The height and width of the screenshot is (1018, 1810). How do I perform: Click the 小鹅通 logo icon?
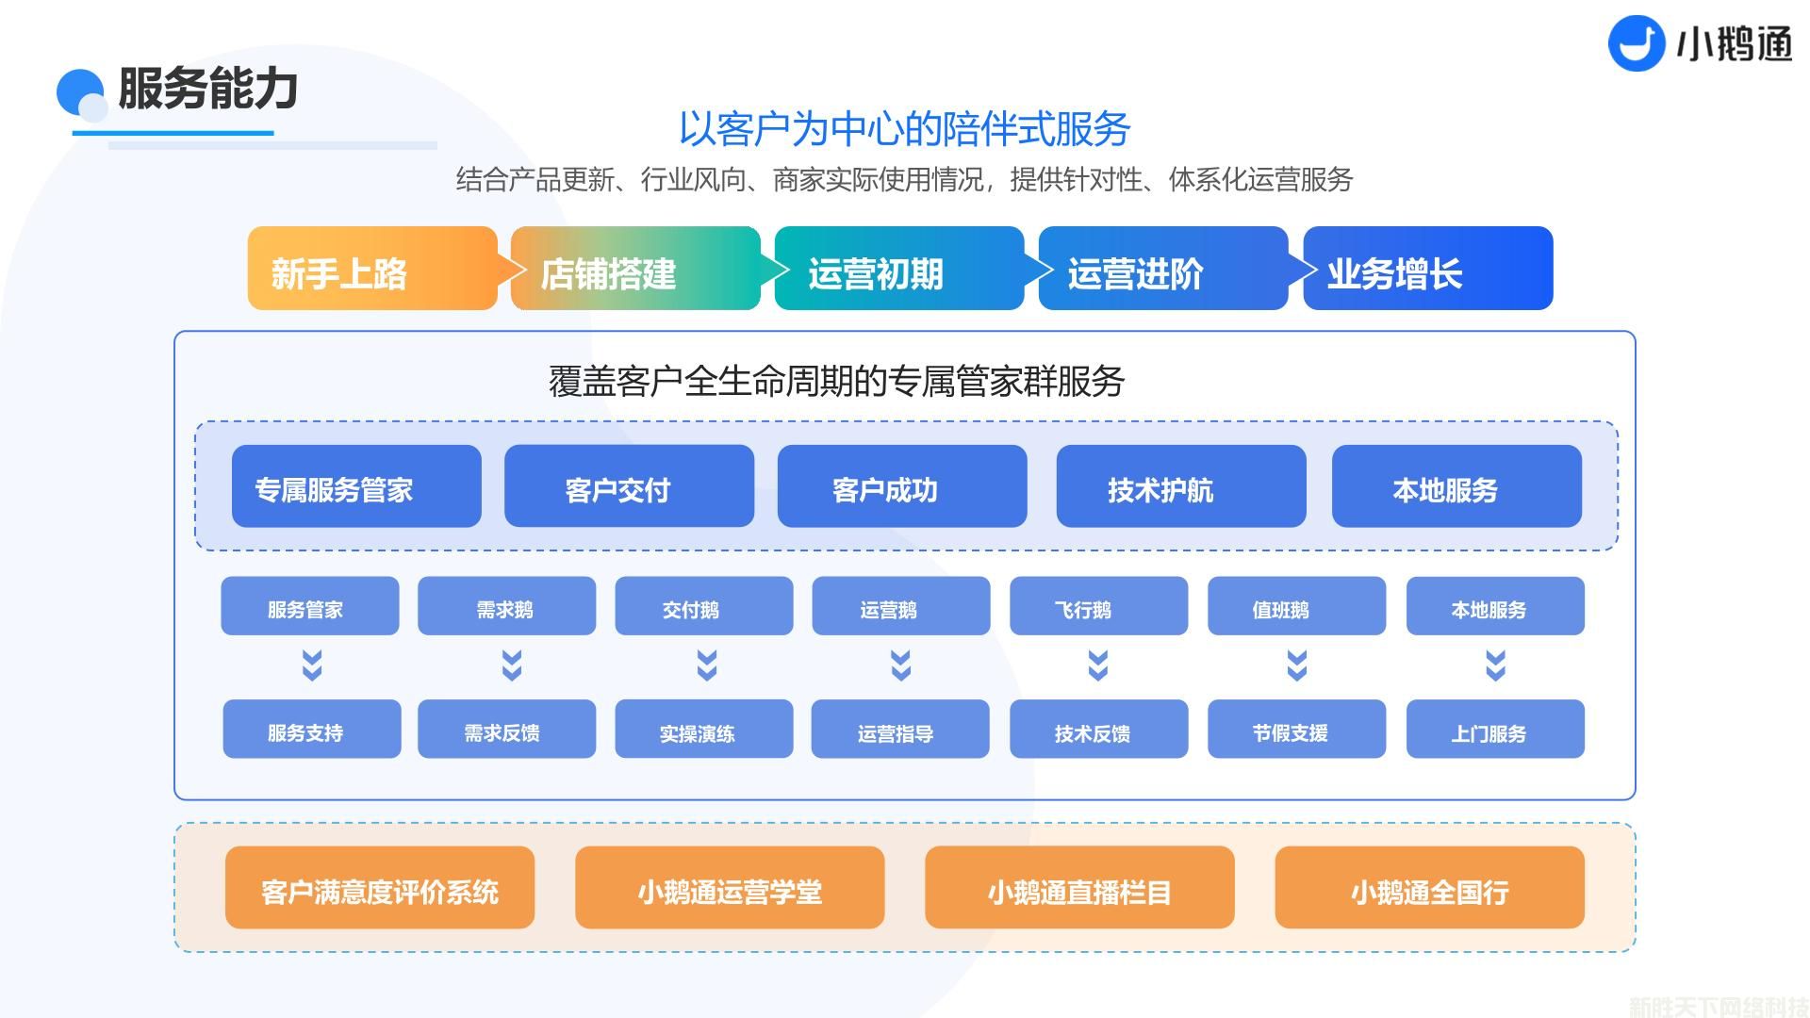pyautogui.click(x=1636, y=43)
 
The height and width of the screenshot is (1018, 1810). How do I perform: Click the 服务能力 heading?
pyautogui.click(x=207, y=89)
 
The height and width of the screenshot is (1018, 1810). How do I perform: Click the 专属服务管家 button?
pyautogui.click(x=356, y=486)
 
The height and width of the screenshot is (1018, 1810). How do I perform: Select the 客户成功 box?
pyautogui.click(x=901, y=486)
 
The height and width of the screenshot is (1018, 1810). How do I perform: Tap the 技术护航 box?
pyautogui.click(x=1180, y=486)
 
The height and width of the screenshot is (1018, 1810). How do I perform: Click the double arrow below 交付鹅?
pyautogui.click(x=706, y=665)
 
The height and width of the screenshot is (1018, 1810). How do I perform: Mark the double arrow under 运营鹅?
pyautogui.click(x=900, y=665)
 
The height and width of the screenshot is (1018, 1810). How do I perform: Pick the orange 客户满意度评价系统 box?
pyautogui.click(x=379, y=888)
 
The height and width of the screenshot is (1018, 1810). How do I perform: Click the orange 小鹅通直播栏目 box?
pyautogui.click(x=1078, y=888)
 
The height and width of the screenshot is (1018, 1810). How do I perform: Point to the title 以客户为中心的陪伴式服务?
pyautogui.click(x=904, y=129)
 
